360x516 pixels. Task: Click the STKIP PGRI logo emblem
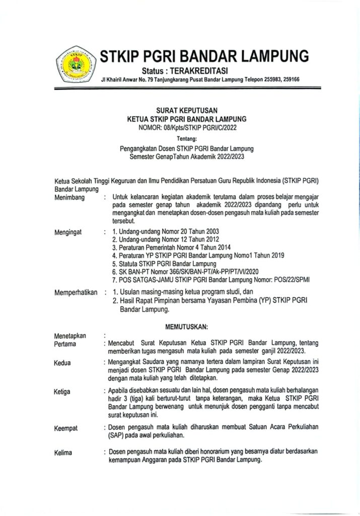(x=75, y=66)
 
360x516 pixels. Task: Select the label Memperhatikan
(x=76, y=292)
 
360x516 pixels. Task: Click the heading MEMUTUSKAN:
(x=187, y=327)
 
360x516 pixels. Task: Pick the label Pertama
(x=65, y=344)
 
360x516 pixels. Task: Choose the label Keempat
(x=66, y=428)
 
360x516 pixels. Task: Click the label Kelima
(x=63, y=453)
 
